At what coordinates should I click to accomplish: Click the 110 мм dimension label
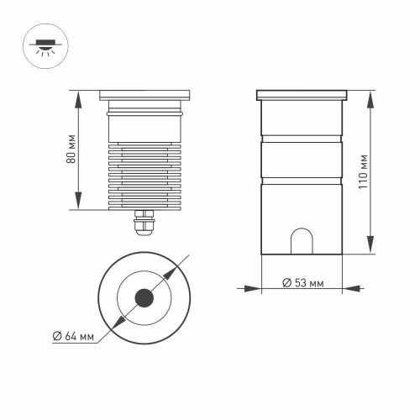click(x=361, y=171)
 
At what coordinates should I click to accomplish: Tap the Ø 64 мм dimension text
click(x=71, y=336)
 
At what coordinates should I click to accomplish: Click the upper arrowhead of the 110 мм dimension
click(x=371, y=92)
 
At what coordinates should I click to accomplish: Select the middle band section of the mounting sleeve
click(x=302, y=159)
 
